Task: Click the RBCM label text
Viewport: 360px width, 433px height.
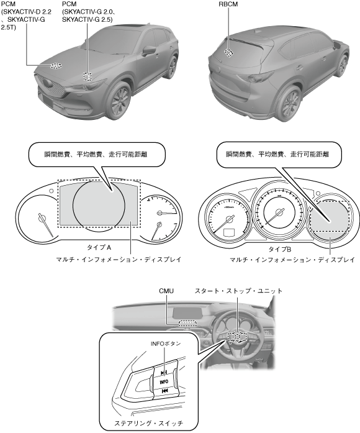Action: point(228,4)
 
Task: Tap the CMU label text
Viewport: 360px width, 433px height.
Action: point(166,291)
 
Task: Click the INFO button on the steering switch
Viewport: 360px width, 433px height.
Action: point(164,381)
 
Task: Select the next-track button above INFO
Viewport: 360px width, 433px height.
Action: point(164,373)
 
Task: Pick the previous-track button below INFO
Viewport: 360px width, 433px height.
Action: point(164,391)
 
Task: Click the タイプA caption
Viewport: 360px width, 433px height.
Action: point(99,247)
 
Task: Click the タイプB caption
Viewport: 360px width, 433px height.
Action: point(280,249)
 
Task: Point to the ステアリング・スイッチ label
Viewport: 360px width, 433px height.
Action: point(148,423)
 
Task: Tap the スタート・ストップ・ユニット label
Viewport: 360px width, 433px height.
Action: point(238,291)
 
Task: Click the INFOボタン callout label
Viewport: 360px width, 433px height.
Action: point(166,344)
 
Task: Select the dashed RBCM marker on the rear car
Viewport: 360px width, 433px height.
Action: point(228,52)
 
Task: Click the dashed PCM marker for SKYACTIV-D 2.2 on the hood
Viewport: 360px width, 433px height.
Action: point(56,65)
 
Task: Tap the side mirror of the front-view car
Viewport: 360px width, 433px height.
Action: point(149,51)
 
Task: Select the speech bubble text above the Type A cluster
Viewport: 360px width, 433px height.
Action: point(96,154)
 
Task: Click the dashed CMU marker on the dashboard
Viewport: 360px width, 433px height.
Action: point(187,323)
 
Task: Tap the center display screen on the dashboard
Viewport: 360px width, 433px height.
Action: point(188,312)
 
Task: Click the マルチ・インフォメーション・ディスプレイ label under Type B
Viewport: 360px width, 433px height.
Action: point(292,260)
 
